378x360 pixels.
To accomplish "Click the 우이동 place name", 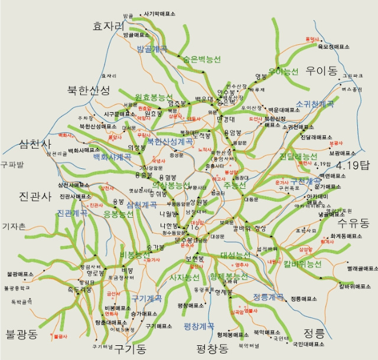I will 321,71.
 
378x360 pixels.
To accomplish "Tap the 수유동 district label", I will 353,223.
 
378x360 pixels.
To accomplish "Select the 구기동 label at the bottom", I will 130,349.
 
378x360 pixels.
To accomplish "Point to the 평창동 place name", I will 212,348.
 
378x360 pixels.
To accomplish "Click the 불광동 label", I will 21,335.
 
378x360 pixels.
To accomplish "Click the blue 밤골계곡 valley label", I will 152,49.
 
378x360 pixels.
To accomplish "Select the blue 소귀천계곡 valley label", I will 315,104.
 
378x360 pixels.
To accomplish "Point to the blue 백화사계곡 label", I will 112,157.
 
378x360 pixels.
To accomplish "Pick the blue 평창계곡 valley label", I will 199,325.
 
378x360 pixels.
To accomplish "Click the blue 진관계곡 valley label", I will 72,213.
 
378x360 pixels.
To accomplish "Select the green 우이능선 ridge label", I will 283,71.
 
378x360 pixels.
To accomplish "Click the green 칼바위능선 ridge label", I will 302,264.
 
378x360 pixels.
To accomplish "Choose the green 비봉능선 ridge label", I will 135,254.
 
